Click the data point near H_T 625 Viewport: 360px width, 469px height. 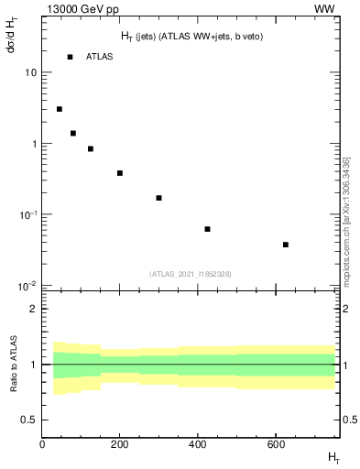pyautogui.click(x=286, y=245)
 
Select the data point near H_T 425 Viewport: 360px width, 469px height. pyautogui.click(x=208, y=229)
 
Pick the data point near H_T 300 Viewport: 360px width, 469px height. pyautogui.click(x=158, y=198)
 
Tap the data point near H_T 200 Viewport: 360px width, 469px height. pyautogui.click(x=120, y=173)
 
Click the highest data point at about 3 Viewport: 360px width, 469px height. pyautogui.click(x=60, y=109)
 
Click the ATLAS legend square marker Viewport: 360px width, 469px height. pyautogui.click(x=70, y=57)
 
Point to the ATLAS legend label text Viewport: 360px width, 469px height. pyautogui.click(x=99, y=57)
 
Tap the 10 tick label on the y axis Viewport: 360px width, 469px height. pyautogui.click(x=31, y=72)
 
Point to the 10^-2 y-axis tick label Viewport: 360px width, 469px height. pyautogui.click(x=27, y=285)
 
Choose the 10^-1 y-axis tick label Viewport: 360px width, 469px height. pyautogui.click(x=27, y=214)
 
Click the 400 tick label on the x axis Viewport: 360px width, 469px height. pyautogui.click(x=198, y=445)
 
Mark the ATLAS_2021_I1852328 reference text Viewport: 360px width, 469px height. pyautogui.click(x=190, y=274)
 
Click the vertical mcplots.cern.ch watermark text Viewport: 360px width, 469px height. pyautogui.click(x=346, y=220)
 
